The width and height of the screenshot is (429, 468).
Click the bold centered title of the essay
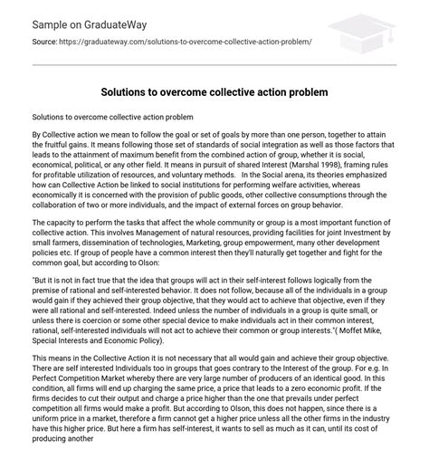(x=214, y=93)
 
